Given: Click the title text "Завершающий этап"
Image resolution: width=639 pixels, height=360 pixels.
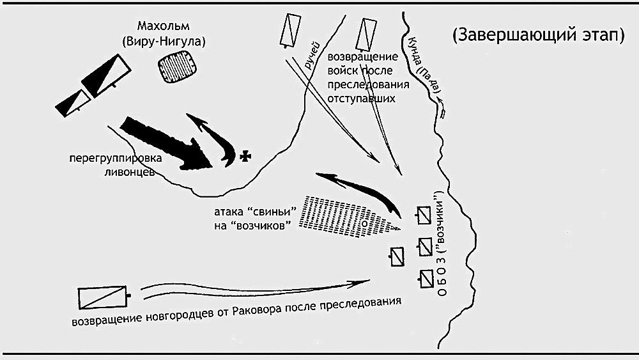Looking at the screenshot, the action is (538, 35).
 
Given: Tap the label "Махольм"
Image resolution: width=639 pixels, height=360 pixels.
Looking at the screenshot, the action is (164, 26).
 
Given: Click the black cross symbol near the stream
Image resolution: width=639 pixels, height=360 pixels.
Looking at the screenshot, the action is (245, 156).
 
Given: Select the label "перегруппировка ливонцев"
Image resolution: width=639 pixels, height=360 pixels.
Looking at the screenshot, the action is (115, 165).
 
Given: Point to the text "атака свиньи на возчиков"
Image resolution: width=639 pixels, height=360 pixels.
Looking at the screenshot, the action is (255, 219).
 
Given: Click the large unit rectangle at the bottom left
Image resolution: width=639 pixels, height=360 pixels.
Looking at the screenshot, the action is (103, 297).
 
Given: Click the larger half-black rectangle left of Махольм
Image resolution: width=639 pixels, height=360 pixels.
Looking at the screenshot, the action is (106, 76).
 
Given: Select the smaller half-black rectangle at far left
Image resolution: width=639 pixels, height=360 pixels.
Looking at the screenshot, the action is (73, 103).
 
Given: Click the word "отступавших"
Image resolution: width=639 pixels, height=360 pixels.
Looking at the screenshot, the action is (362, 98).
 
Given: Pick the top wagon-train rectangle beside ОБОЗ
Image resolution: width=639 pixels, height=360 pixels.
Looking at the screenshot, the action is (424, 215).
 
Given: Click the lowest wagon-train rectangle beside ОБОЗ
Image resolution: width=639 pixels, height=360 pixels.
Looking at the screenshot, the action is (426, 279).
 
